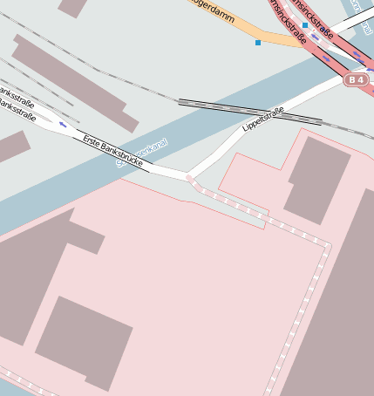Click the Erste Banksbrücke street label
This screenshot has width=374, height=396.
[x=112, y=148]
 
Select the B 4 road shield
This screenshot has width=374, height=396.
[x=355, y=80]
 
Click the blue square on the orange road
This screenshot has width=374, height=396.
[x=258, y=42]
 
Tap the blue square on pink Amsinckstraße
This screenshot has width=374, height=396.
[x=305, y=25]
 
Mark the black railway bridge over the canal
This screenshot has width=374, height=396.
[x=248, y=110]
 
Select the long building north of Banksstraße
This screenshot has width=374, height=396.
[x=74, y=83]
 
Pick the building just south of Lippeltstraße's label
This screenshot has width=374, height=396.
[x=316, y=179]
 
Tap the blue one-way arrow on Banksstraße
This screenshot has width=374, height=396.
[x=63, y=125]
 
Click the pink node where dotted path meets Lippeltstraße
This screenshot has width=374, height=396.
[x=190, y=178]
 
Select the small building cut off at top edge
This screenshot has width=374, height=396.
[x=73, y=7]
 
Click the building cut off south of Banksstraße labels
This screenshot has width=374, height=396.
[x=10, y=147]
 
